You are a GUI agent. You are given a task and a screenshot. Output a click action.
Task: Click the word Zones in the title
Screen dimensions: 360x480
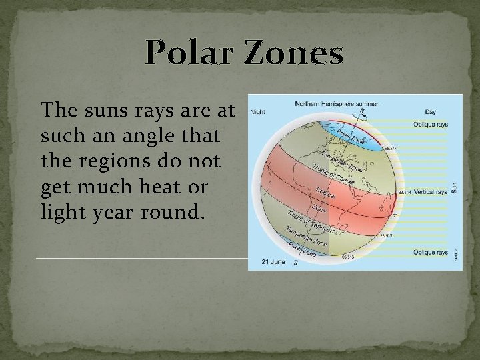pyautogui.click(x=294, y=53)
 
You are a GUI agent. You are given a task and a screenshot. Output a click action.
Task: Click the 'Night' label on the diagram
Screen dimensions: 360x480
pyautogui.click(x=257, y=112)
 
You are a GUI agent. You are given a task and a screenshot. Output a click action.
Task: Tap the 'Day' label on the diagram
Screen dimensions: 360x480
pyautogui.click(x=430, y=112)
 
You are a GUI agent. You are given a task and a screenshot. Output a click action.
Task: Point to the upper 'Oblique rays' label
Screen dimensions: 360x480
pyautogui.click(x=431, y=124)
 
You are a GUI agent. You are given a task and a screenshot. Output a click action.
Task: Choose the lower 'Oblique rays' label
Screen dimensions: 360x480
pyautogui.click(x=431, y=252)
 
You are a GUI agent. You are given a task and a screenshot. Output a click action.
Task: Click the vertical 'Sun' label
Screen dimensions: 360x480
pyautogui.click(x=455, y=188)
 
